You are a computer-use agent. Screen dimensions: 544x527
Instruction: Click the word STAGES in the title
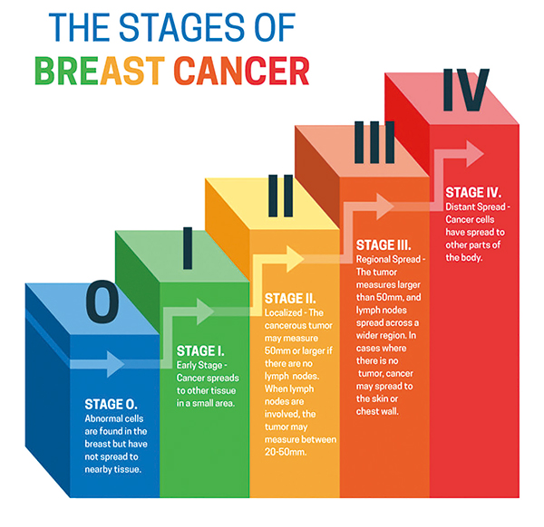(x=182, y=28)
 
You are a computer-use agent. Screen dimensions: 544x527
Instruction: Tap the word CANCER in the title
(x=241, y=71)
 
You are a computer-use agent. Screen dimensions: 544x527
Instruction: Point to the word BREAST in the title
(x=100, y=71)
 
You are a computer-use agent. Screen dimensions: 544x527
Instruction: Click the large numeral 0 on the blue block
(x=102, y=302)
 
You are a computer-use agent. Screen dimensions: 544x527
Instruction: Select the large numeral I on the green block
(x=188, y=248)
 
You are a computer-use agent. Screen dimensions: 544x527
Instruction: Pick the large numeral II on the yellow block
(x=281, y=196)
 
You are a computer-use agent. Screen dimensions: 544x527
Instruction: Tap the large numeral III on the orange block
(x=374, y=142)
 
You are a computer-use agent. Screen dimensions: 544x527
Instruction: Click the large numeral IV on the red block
(x=466, y=90)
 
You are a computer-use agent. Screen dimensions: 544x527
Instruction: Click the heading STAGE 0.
(x=111, y=405)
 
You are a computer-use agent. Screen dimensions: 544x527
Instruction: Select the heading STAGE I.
(x=200, y=351)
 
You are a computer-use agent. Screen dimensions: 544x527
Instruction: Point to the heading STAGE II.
(x=290, y=298)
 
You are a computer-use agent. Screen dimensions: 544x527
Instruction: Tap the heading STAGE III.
(x=384, y=245)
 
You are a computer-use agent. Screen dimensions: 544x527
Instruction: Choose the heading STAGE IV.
(x=473, y=192)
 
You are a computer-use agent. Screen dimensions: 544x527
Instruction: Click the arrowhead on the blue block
(x=115, y=364)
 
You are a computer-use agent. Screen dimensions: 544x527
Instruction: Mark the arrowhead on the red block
(x=475, y=154)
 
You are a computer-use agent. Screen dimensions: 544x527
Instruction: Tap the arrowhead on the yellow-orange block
(x=296, y=259)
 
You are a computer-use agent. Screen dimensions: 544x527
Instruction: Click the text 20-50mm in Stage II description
(x=286, y=452)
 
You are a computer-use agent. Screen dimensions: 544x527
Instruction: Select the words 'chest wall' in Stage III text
(x=377, y=411)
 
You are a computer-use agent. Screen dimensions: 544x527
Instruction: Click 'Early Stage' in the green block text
(x=199, y=365)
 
